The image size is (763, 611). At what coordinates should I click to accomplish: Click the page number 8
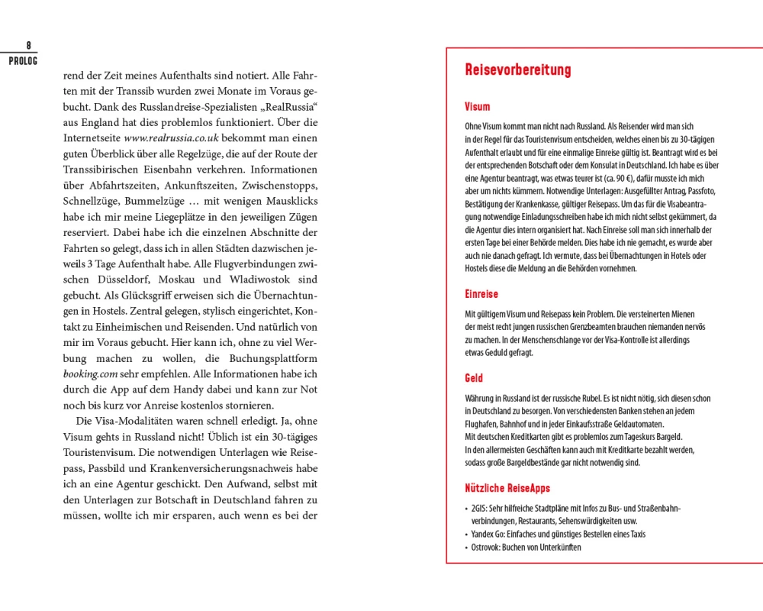(x=28, y=46)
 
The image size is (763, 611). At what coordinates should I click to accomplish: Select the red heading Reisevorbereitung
(x=518, y=71)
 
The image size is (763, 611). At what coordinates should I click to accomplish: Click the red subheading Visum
(x=478, y=107)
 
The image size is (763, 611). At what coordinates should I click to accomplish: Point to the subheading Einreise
(x=481, y=294)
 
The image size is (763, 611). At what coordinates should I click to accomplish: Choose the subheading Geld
(x=474, y=378)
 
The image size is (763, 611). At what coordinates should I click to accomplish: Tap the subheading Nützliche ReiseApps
(x=507, y=488)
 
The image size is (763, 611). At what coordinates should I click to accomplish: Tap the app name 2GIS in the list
(x=480, y=509)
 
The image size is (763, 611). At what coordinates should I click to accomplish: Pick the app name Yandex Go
(x=489, y=534)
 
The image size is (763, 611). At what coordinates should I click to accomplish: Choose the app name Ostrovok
(x=485, y=548)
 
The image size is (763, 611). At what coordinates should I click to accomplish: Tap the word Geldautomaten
(x=634, y=424)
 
